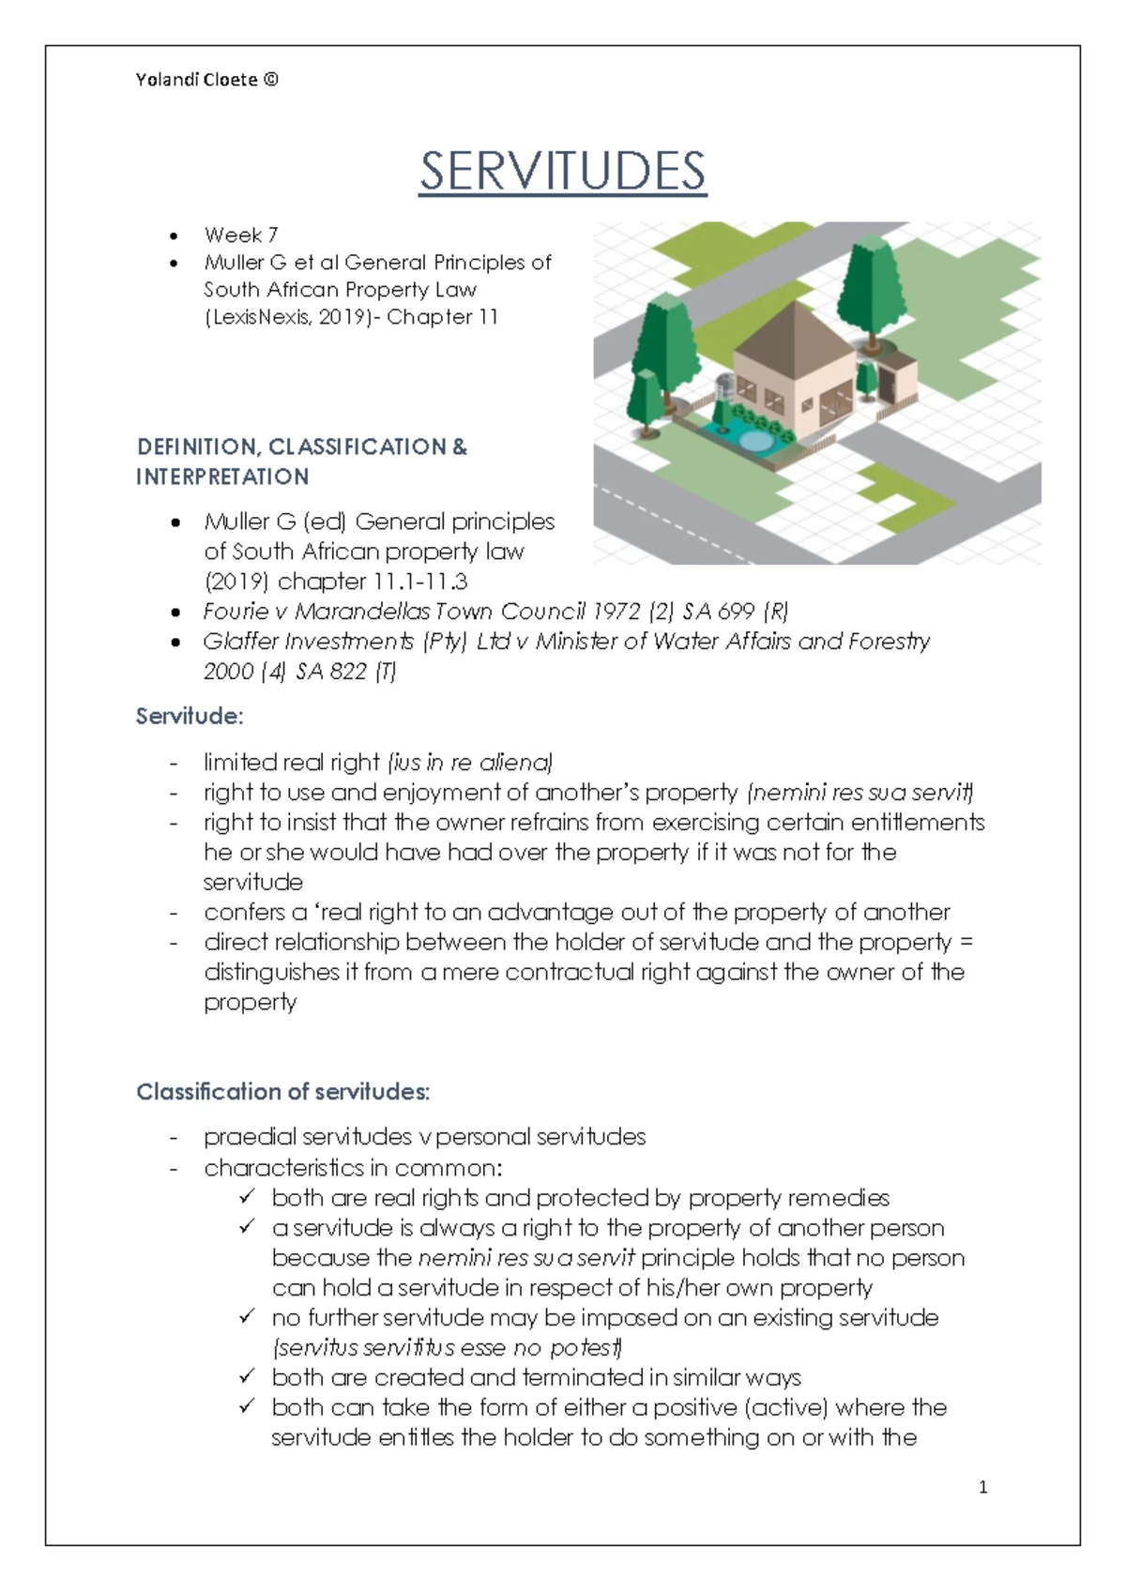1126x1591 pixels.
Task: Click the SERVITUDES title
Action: point(562,172)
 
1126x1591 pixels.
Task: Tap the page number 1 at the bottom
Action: point(982,1487)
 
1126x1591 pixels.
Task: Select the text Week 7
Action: point(240,235)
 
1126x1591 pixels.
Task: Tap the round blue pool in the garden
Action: point(753,439)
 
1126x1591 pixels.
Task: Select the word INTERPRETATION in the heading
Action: point(222,477)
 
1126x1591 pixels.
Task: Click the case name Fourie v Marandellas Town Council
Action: point(394,612)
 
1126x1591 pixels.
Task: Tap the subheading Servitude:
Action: point(190,717)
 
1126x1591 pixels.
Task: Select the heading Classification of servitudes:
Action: point(282,1092)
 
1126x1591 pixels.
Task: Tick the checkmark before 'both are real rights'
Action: point(248,1197)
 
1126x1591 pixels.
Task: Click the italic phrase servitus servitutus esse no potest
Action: point(447,1348)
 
